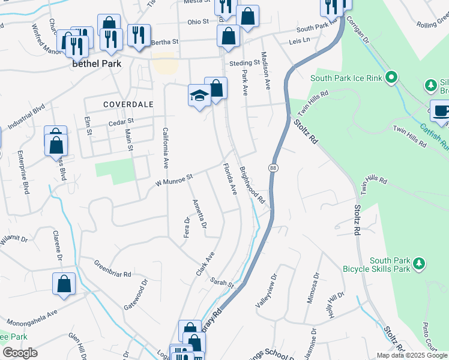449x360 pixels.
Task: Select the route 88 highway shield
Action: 274,167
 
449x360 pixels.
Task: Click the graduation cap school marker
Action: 199,95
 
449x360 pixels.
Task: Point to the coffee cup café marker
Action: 441,111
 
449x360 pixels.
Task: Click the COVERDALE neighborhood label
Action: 128,104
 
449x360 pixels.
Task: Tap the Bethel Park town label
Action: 97,63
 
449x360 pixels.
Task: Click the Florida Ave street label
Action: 230,178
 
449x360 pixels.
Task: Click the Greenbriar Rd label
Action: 112,268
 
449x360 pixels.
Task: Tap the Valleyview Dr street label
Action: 267,291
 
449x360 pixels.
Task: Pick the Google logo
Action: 20,353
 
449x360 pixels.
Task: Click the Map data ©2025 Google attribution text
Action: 412,355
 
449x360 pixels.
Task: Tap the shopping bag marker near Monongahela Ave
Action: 64,285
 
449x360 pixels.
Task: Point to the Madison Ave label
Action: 264,69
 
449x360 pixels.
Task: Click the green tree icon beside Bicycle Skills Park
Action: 420,263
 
